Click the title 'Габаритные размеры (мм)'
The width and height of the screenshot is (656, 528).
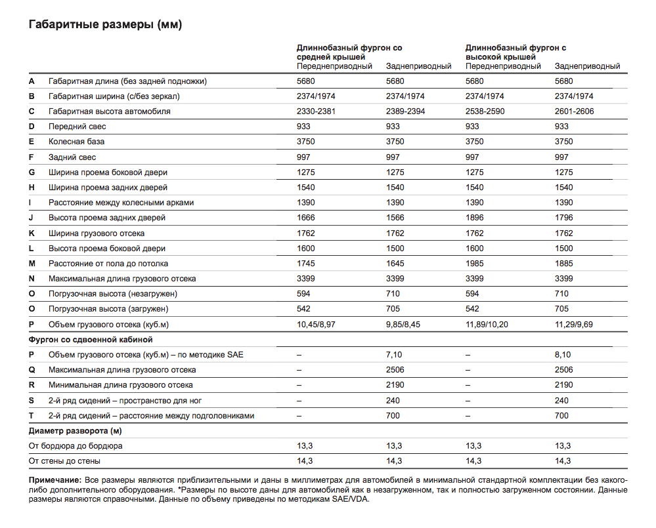105,25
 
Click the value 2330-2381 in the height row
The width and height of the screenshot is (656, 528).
316,112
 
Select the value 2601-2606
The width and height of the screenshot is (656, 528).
574,112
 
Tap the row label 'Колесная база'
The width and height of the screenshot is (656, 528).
76,142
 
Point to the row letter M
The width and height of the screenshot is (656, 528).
32,264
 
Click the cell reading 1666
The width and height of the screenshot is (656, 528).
305,218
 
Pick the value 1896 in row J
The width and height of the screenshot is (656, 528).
474,218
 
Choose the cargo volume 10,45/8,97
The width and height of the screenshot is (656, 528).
316,325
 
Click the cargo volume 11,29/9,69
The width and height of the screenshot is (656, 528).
573,325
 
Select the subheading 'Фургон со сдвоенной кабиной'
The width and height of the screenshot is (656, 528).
91,340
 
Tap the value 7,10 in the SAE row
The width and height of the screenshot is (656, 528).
394,355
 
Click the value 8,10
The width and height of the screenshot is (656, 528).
563,355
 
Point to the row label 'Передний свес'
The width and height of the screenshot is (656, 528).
77,127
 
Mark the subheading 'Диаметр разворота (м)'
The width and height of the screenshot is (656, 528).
75,431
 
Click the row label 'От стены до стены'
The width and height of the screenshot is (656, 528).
64,460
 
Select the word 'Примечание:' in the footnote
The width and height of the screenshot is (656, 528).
55,480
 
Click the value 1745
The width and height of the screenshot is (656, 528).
305,264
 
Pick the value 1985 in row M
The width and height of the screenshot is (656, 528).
474,264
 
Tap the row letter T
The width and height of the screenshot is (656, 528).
32,416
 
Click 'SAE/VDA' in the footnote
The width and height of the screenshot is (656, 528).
351,499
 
